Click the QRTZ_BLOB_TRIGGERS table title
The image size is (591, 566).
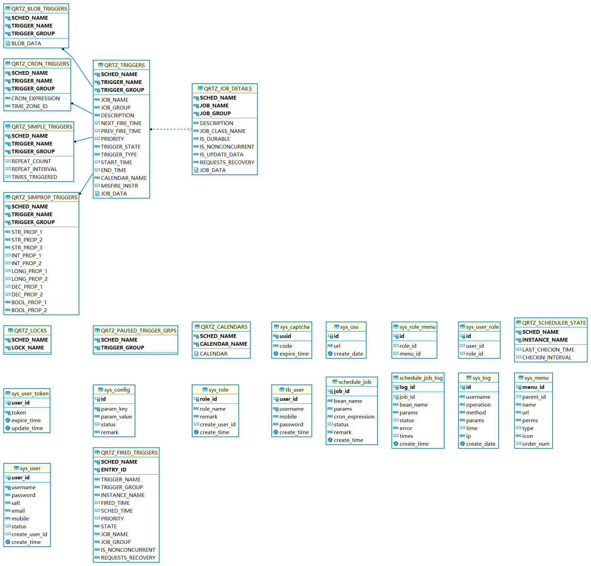click(x=39, y=9)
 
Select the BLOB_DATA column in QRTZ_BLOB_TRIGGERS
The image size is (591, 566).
click(x=26, y=44)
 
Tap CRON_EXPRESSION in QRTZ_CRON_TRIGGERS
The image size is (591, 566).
click(x=35, y=99)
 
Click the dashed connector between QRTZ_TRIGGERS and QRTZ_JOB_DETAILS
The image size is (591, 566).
click(x=170, y=129)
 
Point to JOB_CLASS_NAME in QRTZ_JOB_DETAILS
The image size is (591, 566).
click(x=222, y=131)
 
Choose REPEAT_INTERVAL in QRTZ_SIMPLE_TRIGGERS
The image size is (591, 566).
click(x=34, y=169)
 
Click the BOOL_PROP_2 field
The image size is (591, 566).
click(x=29, y=310)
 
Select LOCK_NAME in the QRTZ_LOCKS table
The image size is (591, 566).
click(x=28, y=348)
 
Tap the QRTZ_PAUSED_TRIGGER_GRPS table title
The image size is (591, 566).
click(x=138, y=331)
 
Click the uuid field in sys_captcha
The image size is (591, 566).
click(x=285, y=336)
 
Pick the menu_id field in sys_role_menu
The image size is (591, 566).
click(x=410, y=354)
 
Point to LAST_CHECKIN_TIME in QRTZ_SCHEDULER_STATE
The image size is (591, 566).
click(x=548, y=350)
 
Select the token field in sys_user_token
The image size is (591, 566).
click(x=19, y=413)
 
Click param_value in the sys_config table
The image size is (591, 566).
click(x=116, y=417)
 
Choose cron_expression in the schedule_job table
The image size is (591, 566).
click(x=354, y=417)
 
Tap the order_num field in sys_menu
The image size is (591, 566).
click(x=536, y=444)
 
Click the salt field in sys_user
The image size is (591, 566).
click(x=16, y=503)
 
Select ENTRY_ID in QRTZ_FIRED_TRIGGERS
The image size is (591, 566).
click(x=114, y=470)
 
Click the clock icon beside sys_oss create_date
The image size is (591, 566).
click(x=330, y=354)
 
